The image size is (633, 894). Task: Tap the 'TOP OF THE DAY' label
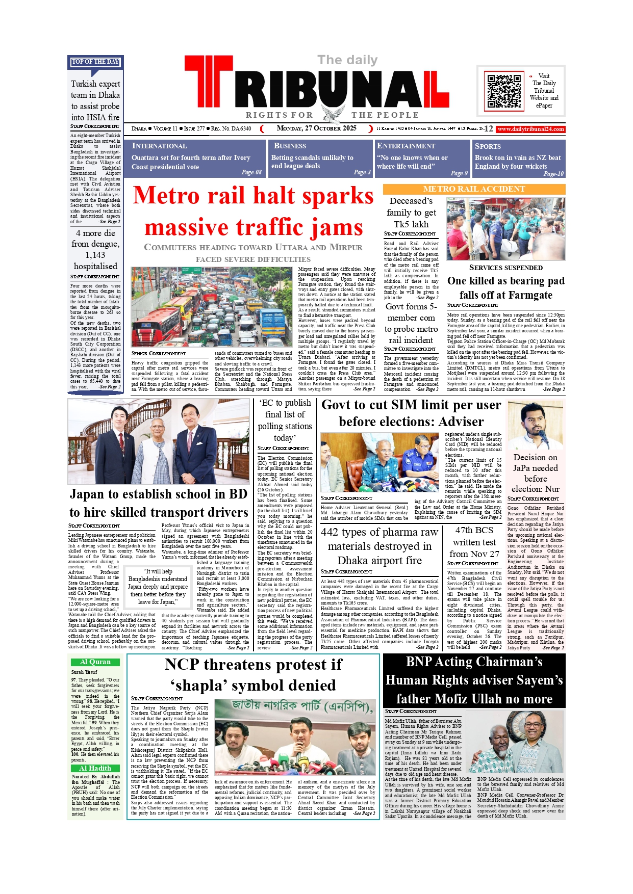95,62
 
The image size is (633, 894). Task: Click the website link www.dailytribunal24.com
530,129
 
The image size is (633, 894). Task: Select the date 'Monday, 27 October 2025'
316,128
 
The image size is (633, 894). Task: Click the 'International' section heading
159,146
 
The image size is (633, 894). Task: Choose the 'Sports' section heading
488,146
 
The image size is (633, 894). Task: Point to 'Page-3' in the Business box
362,172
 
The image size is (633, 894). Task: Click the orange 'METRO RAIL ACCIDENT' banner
474,189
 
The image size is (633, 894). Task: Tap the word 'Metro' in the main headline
166,196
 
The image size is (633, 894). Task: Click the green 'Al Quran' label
95,662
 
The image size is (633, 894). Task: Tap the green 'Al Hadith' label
95,768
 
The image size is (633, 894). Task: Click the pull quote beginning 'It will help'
158,586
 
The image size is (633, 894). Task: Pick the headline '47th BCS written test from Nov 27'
474,542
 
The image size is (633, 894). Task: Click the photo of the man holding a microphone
535,425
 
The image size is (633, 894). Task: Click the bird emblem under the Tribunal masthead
333,114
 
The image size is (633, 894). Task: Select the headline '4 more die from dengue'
95,249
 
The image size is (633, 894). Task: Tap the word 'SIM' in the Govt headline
406,405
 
